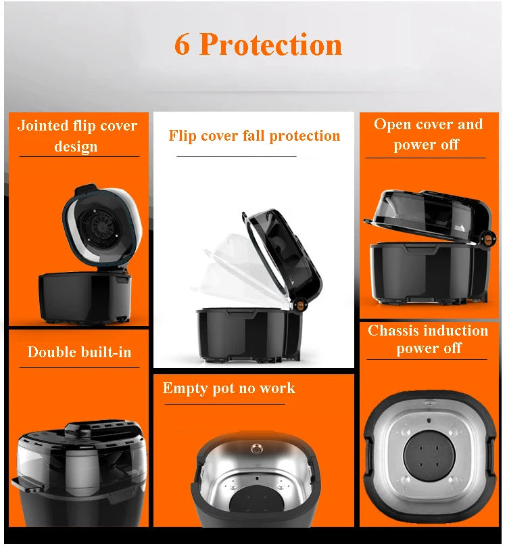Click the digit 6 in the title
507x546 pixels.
point(183,45)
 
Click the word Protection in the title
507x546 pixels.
point(270,45)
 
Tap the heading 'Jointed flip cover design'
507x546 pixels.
point(76,135)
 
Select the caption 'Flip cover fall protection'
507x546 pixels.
point(254,135)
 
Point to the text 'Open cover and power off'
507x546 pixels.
point(428,134)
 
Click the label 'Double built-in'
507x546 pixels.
point(79,352)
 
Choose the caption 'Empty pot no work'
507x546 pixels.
point(228,388)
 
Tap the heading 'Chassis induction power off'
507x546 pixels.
point(428,339)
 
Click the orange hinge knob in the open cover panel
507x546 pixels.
point(484,239)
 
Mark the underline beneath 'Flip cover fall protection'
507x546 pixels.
point(236,156)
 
